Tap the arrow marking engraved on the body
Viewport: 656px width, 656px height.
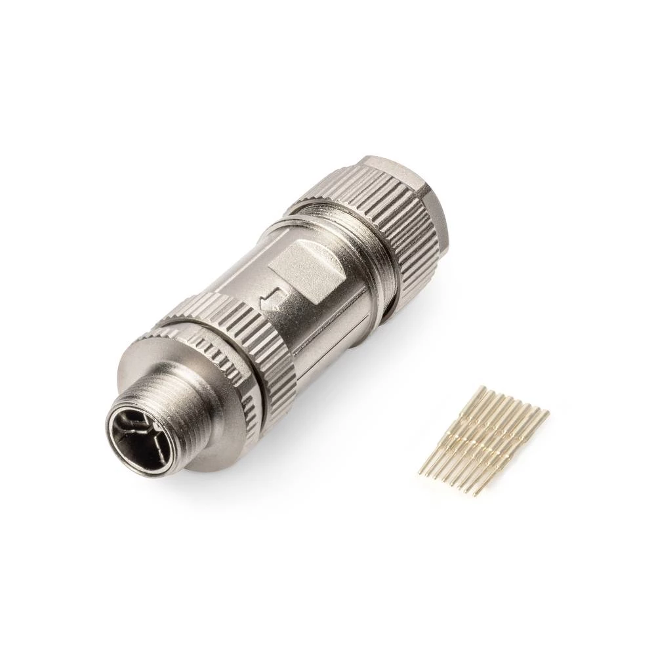point(270,301)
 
